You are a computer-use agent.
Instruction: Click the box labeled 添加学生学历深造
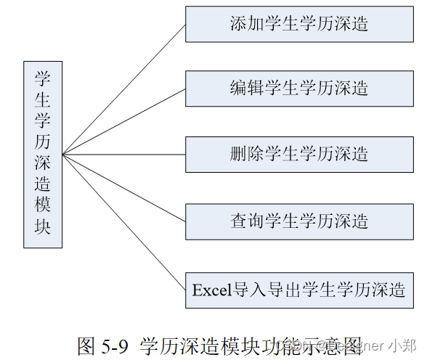tap(299, 24)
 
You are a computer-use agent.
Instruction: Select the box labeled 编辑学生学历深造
tap(299, 89)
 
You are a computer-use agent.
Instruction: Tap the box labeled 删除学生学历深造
tap(299, 154)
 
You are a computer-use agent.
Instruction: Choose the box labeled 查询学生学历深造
tap(299, 221)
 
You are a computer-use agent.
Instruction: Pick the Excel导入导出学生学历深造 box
tap(299, 290)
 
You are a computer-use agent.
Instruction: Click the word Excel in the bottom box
tap(211, 290)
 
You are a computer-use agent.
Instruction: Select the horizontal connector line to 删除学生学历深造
tap(123, 154)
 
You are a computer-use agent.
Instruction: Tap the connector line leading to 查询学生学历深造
tap(123, 187)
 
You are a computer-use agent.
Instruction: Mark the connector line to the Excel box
tap(123, 221)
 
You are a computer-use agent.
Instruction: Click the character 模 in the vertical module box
tap(43, 205)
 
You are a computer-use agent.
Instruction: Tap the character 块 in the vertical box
tap(43, 226)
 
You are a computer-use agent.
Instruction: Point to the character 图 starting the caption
tap(86, 345)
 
